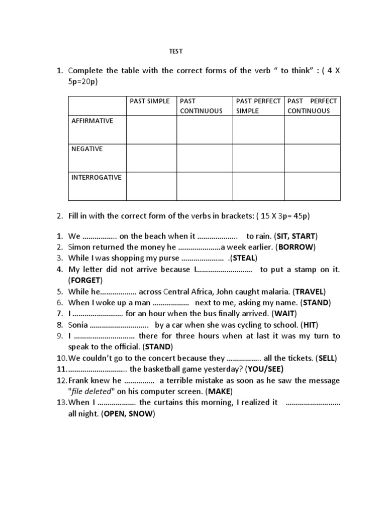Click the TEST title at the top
(x=175, y=51)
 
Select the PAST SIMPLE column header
(x=150, y=101)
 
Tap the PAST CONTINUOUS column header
(x=201, y=106)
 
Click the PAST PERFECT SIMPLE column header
(x=258, y=106)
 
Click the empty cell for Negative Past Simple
(x=151, y=158)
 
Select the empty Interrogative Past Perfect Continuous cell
(x=312, y=186)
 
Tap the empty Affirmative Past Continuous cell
(x=204, y=130)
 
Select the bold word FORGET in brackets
(x=85, y=280)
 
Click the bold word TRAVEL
(x=310, y=291)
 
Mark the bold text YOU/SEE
(x=265, y=369)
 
